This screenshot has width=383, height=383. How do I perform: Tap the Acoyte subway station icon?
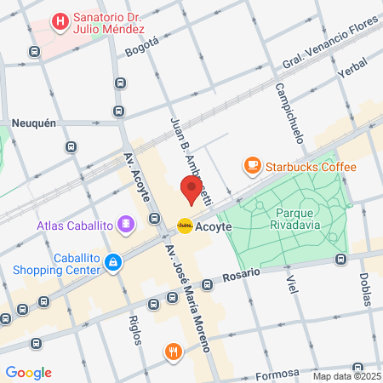185,226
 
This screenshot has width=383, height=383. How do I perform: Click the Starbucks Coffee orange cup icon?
252,166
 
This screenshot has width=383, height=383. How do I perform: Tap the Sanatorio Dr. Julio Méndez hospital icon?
60,20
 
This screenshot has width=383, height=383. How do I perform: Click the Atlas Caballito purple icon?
126,225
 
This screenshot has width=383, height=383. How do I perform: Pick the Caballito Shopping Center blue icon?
112,265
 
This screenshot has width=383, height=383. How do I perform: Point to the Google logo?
28,373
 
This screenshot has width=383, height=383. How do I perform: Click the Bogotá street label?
141,46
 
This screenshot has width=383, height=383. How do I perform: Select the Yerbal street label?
352,72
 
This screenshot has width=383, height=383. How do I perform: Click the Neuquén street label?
34,123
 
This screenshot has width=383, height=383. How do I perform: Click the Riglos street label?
134,329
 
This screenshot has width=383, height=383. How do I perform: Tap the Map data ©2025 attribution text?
346,376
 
